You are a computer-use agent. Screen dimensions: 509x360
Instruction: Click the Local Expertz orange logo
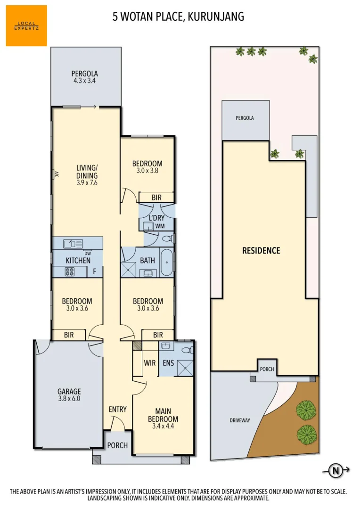[x=26, y=25]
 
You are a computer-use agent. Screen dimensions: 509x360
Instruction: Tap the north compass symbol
[x=335, y=470]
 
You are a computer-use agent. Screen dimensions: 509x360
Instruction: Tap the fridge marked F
[x=95, y=271]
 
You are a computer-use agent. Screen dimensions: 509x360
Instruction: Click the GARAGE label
[x=69, y=391]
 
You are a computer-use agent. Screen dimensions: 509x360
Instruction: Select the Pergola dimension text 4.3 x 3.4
[x=85, y=81]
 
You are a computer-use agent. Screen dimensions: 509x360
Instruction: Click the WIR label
[x=150, y=362]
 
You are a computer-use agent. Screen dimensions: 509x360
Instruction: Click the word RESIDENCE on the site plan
[x=261, y=251]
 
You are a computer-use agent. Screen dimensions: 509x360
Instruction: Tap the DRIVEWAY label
[x=240, y=420]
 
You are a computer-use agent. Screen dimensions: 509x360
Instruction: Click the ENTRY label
[x=117, y=409]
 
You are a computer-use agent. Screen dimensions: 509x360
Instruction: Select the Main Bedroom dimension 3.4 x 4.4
[x=163, y=427]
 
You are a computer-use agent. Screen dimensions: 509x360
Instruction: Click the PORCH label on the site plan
[x=266, y=369]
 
